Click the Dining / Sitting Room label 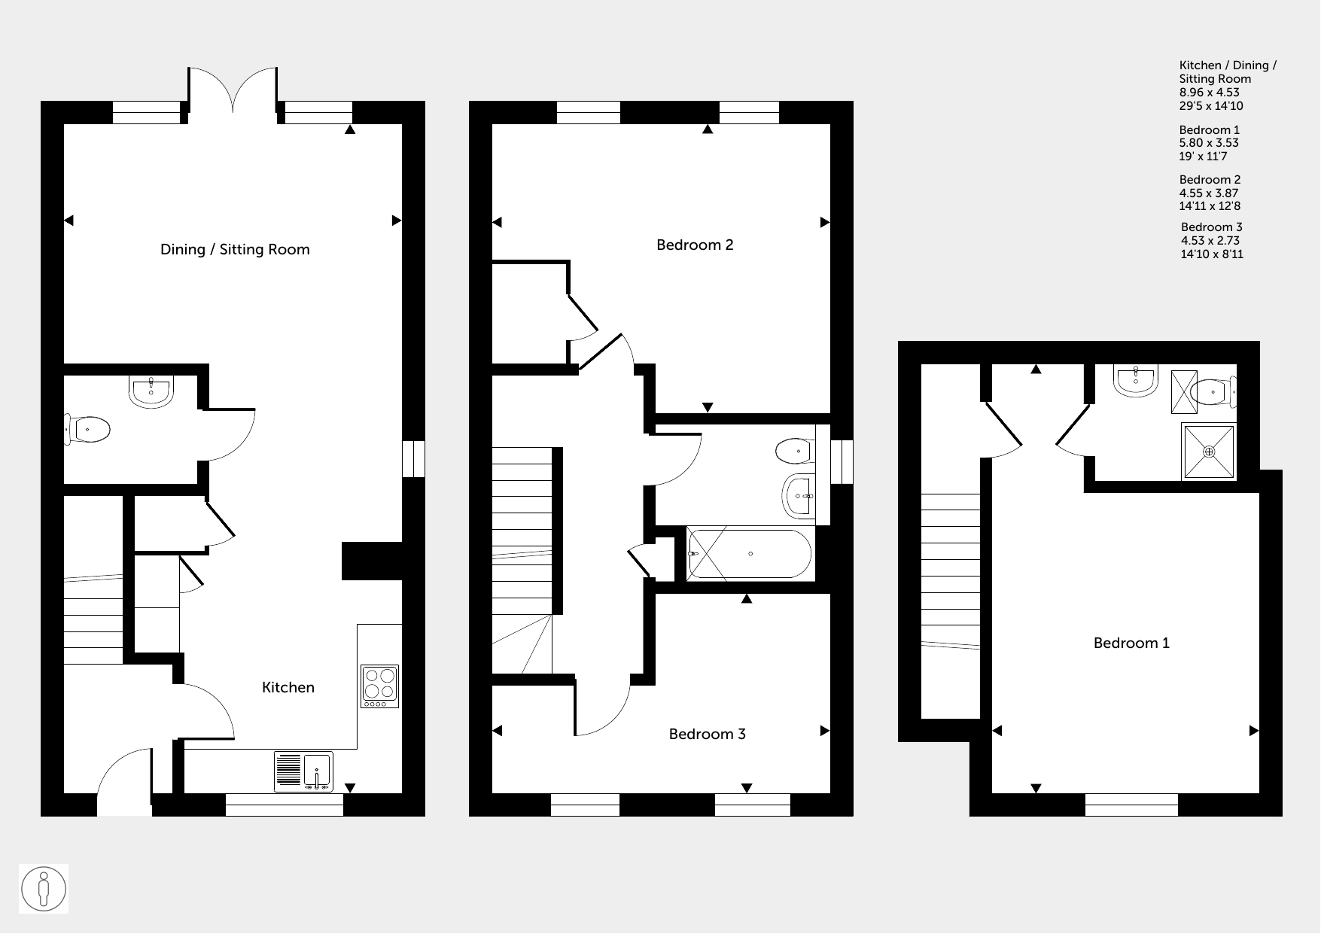click(235, 250)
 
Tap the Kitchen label click(288, 687)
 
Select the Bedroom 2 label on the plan click(695, 245)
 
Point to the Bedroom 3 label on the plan click(708, 734)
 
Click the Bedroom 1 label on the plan click(1131, 643)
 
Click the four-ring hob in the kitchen click(379, 686)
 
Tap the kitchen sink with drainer click(303, 771)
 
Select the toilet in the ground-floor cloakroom click(87, 429)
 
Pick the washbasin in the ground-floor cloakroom click(151, 391)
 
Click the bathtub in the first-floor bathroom click(750, 554)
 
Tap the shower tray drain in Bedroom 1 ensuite click(1209, 452)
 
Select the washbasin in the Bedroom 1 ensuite click(1137, 382)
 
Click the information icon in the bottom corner click(44, 889)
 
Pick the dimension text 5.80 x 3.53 click(1209, 143)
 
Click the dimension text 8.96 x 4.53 click(1210, 93)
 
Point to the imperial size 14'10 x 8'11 click(1212, 254)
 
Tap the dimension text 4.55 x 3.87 click(1209, 193)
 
